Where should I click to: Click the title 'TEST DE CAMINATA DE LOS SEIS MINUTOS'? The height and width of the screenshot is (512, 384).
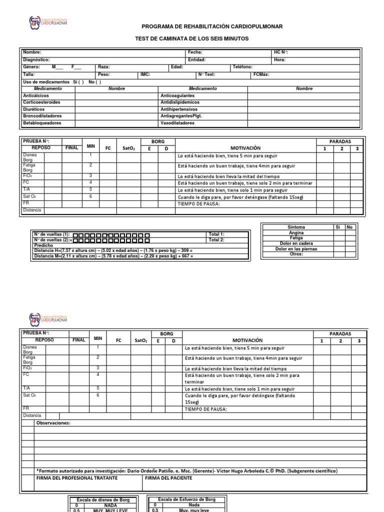[x=192, y=38]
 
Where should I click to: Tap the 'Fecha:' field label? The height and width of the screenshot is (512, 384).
[x=194, y=52]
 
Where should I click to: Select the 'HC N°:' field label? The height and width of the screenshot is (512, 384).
[x=280, y=52]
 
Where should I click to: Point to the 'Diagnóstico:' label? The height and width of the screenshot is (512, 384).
[x=36, y=59]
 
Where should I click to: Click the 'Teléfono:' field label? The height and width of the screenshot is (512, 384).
[x=242, y=66]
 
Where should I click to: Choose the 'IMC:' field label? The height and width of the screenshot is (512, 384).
[x=145, y=74]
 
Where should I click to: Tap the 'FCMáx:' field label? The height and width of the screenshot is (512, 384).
[x=261, y=74]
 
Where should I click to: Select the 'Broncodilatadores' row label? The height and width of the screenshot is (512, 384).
[x=42, y=115]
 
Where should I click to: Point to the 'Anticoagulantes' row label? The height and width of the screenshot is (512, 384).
[x=177, y=95]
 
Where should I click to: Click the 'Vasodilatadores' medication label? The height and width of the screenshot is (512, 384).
[x=177, y=122]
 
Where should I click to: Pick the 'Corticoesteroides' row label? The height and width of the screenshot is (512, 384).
[x=41, y=102]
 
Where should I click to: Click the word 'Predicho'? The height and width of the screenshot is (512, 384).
[x=42, y=245]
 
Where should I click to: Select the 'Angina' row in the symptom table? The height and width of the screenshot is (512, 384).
[x=296, y=232]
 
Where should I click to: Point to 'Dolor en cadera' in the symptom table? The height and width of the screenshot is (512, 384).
[x=296, y=243]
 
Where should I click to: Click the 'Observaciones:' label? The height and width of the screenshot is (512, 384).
[x=53, y=423]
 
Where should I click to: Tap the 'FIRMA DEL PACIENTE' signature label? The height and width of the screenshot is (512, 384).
[x=168, y=478]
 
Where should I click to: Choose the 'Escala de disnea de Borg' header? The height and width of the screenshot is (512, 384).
[x=103, y=499]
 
